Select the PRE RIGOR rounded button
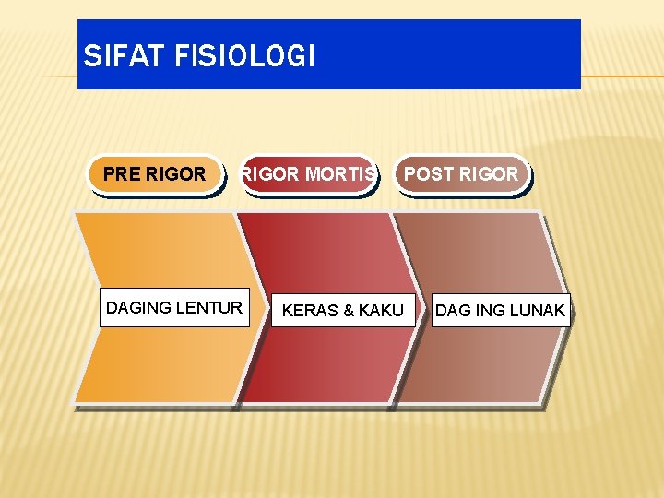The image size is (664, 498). coord(155,174)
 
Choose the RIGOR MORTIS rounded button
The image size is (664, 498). coord(308,174)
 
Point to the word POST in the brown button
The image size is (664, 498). coord(427,174)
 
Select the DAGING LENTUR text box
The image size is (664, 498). coord(174,307)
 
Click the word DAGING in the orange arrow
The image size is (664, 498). coord(139,307)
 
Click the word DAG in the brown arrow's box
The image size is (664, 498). coord(452,311)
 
